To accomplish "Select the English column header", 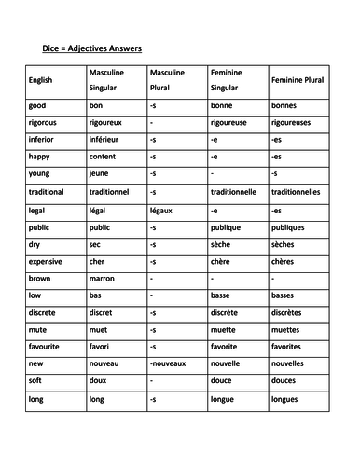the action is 42,80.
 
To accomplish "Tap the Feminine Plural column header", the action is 298,80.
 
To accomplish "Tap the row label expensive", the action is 48,262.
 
